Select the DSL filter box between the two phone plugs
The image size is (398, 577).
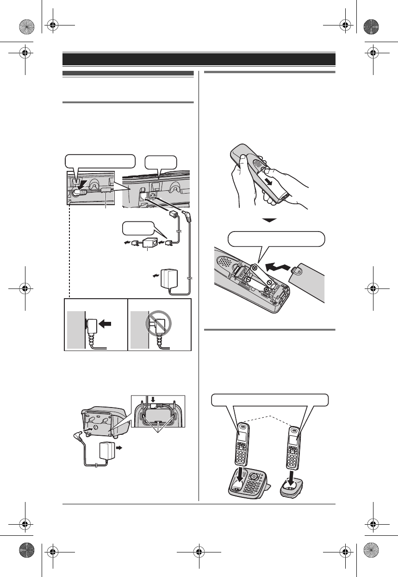click(x=149, y=242)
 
